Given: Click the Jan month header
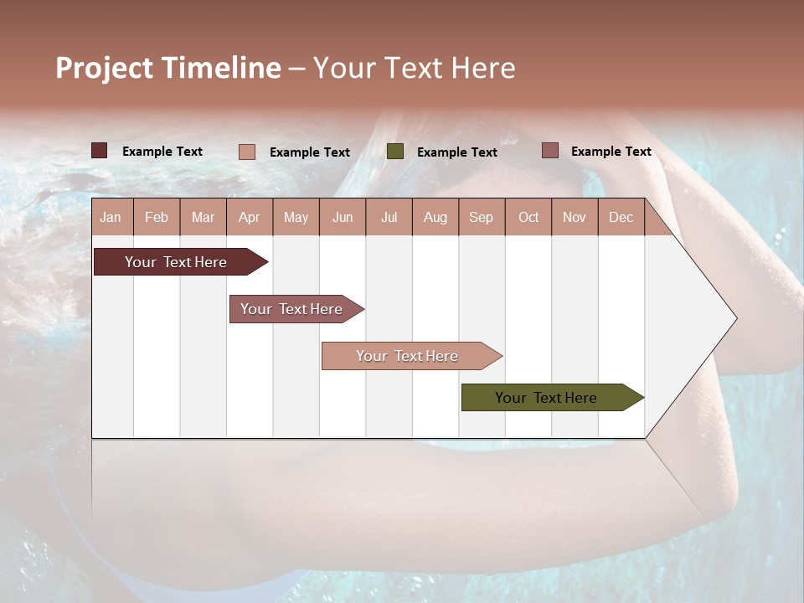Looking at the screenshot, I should coord(111,217).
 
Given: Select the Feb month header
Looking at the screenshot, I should coord(157,217).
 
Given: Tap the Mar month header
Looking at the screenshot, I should coord(203,217).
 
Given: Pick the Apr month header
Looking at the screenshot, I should coord(250,217).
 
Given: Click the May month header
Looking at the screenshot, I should coord(296,217).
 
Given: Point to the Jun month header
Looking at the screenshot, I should coord(343,217).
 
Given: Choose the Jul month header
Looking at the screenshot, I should coord(389,217).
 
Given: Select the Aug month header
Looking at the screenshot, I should coord(435,217).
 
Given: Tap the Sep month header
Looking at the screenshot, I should coord(482,217).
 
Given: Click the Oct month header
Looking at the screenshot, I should coord(528,217).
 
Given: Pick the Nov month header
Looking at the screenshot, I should coord(575,217).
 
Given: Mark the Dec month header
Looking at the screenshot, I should coord(621,217).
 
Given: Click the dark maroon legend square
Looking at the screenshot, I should coord(100,151).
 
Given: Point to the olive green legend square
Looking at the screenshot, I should coord(395,152).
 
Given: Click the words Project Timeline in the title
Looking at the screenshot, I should coord(168,68).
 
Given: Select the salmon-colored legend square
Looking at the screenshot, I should coord(247,152).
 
